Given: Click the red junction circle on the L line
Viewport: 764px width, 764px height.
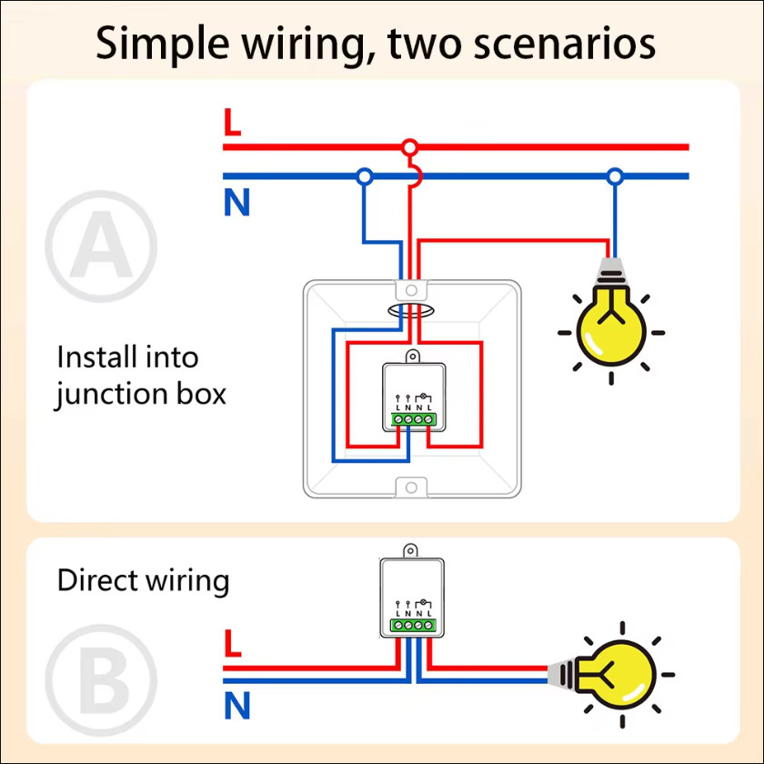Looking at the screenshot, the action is click(410, 146).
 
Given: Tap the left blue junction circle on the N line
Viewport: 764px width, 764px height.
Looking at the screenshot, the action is click(365, 176).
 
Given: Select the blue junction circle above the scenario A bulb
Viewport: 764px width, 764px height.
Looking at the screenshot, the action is click(615, 176).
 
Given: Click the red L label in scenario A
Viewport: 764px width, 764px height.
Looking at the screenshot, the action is click(233, 122).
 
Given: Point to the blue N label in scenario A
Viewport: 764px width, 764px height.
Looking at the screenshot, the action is click(236, 202).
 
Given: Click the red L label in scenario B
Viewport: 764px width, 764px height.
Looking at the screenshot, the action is click(233, 643).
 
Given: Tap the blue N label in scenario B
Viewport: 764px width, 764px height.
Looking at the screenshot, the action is click(237, 705).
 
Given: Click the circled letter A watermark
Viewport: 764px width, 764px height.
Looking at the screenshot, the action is click(101, 246).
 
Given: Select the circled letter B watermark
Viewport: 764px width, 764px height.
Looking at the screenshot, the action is click(101, 679).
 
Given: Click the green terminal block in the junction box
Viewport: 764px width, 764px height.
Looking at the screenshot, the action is click(413, 419).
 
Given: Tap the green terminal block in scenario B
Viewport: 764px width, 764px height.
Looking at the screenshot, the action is click(413, 625).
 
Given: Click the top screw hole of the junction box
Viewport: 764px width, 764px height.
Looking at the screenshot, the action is click(411, 290).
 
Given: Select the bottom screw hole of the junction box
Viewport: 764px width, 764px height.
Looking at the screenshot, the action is click(411, 488).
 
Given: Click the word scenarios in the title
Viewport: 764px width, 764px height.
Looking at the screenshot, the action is click(565, 44).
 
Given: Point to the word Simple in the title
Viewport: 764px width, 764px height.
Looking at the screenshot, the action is click(162, 45).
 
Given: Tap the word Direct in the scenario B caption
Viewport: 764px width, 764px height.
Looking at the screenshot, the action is click(97, 580).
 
